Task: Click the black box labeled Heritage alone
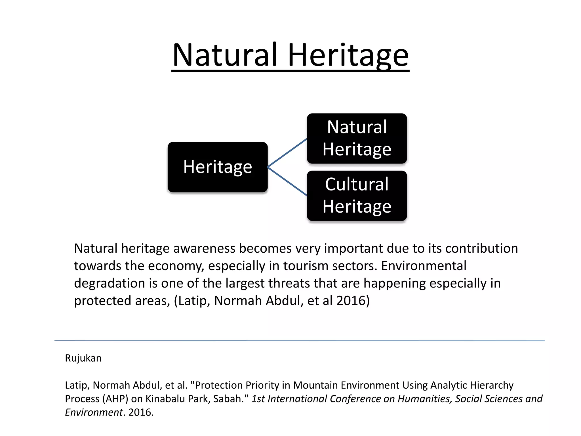coord(218,167)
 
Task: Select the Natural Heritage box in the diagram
coord(357,139)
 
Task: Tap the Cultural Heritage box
coord(357,196)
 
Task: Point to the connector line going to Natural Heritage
coord(287,153)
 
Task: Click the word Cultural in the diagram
coord(357,184)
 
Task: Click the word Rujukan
coord(83,358)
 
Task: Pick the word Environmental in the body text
coord(424,266)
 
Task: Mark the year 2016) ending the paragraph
coord(353,301)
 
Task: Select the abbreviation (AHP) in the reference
coord(115,399)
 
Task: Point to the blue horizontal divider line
coord(299,340)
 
